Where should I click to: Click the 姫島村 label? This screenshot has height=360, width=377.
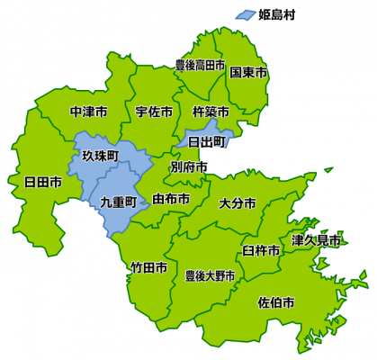(x=277, y=13)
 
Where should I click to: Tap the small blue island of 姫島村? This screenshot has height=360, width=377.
(x=244, y=14)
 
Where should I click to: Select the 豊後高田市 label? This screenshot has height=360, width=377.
(x=200, y=66)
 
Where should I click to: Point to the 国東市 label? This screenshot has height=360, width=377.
(x=247, y=71)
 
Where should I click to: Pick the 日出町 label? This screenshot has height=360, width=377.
(x=206, y=141)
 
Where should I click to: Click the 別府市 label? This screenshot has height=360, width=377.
(x=189, y=167)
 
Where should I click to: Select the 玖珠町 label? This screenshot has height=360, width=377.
(x=100, y=156)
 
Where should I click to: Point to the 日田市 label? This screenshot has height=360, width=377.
(x=43, y=182)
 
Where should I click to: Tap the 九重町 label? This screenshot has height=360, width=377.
(x=118, y=202)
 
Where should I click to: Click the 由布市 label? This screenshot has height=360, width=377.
(x=171, y=198)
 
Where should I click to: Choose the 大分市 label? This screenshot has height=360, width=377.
(x=238, y=202)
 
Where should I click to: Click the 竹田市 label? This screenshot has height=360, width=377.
(x=148, y=267)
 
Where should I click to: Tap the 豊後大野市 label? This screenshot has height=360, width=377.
(x=210, y=274)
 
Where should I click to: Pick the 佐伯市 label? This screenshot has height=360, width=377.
(x=275, y=301)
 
